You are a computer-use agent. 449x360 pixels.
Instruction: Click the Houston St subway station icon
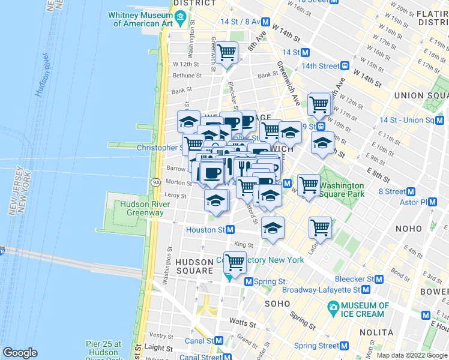pos(230,230)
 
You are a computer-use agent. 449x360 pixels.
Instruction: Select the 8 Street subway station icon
pos(411,192)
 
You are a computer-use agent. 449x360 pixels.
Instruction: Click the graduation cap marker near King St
pos(273,227)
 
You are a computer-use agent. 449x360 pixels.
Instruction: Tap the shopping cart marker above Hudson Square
pos(234,261)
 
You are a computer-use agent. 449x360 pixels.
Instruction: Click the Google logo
pos(20,353)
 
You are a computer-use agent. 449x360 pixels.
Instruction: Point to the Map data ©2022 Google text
pos(412,355)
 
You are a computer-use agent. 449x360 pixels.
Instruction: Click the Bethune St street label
pos(187,76)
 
